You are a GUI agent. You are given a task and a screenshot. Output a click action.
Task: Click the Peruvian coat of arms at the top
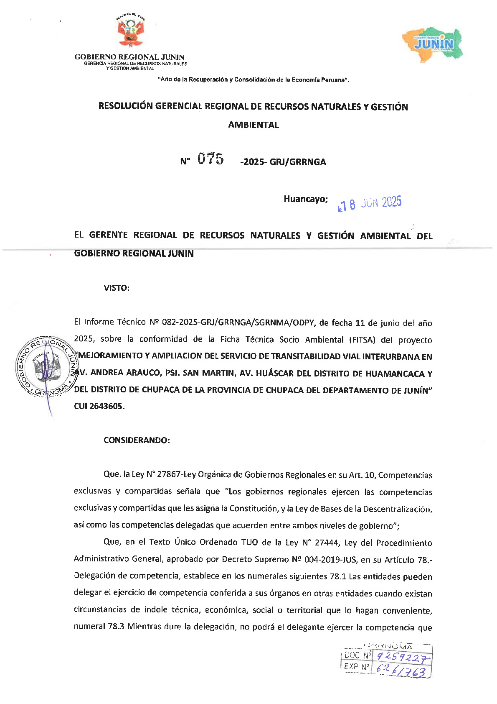pos(130,32)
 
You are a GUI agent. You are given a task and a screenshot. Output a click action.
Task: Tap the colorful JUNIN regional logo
pos(433,44)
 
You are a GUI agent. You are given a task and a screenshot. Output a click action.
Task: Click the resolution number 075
pos(210,159)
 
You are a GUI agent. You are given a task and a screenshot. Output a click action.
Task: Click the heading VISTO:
pos(117,288)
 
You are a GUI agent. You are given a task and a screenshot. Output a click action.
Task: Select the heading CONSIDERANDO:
pos(137,440)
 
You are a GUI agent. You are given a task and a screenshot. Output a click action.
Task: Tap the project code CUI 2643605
pos(99,406)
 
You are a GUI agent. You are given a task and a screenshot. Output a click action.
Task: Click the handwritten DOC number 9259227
pos(402,658)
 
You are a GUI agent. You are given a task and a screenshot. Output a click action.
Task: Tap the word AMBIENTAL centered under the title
pos(254,125)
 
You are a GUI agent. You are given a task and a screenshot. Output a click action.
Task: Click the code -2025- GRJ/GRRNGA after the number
pos(283,162)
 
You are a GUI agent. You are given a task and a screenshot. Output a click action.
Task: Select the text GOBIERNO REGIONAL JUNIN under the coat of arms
pos(129,57)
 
